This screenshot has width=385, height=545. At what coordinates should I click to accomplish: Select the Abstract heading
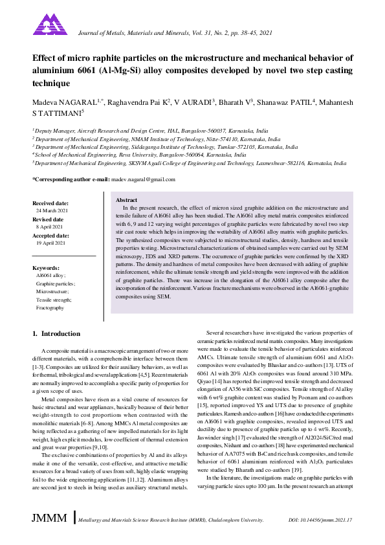pos(126,201)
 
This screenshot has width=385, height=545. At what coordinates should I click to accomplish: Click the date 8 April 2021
pos(50,227)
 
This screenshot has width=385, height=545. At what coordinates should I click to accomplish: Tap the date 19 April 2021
pos(51,243)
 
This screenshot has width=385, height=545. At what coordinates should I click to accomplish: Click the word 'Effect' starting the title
pos(44,58)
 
